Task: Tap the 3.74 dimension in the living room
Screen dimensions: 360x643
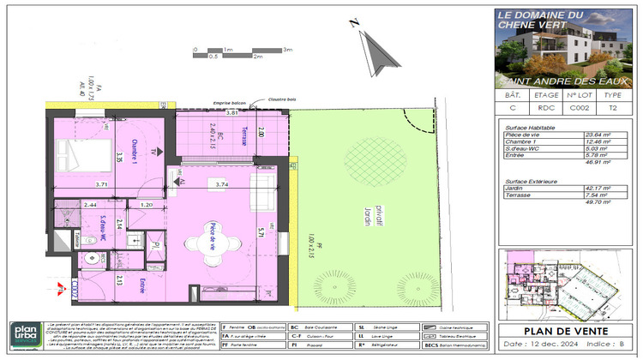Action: (x=222, y=184)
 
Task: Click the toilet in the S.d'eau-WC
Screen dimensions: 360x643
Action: (x=91, y=260)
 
